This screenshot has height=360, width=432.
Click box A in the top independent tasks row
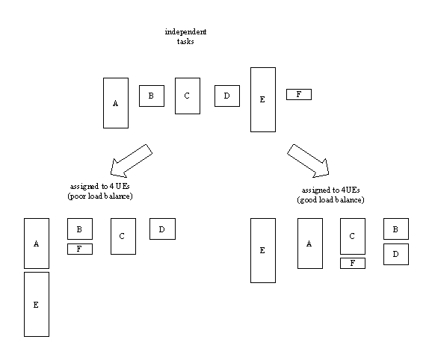pyautogui.click(x=116, y=102)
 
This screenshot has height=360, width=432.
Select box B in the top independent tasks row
pyautogui.click(x=151, y=96)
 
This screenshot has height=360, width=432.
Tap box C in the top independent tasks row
pyautogui.click(x=187, y=96)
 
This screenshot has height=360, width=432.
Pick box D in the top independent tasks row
pyautogui.click(x=226, y=96)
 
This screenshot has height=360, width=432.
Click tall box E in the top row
pyautogui.click(x=262, y=99)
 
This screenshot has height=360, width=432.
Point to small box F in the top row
pyautogui.click(x=299, y=94)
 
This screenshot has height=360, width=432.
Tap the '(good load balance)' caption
pyautogui.click(x=330, y=201)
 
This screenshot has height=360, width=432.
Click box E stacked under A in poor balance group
pyautogui.click(x=36, y=305)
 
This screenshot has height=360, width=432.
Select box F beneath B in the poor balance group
pyautogui.click(x=80, y=249)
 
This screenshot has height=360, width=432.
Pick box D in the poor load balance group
pyautogui.click(x=162, y=229)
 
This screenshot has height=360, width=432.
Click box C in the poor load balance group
pyautogui.click(x=123, y=236)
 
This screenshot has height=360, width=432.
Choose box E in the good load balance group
pyautogui.click(x=262, y=250)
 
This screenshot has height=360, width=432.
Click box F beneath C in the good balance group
pyautogui.click(x=353, y=263)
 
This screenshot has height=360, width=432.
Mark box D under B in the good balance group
pyautogui.click(x=396, y=254)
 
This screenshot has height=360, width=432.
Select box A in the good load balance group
pyautogui.click(x=310, y=243)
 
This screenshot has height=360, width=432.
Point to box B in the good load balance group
pyautogui.click(x=396, y=229)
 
